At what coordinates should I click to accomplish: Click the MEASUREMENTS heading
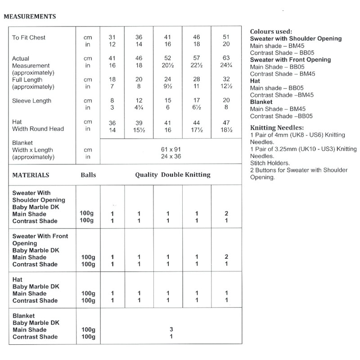tap(30, 18)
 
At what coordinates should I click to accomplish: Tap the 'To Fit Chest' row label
tap(29, 37)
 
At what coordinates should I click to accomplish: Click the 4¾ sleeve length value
tap(139, 108)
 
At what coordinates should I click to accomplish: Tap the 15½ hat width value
tap(139, 129)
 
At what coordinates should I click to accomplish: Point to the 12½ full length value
tap(225, 87)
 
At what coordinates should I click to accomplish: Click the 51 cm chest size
tap(225, 37)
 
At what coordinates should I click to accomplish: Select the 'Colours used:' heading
tap(270, 31)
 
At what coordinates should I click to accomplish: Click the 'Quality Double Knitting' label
tap(172, 175)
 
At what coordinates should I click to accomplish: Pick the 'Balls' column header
tap(87, 175)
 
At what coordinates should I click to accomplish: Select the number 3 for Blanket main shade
tap(171, 329)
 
